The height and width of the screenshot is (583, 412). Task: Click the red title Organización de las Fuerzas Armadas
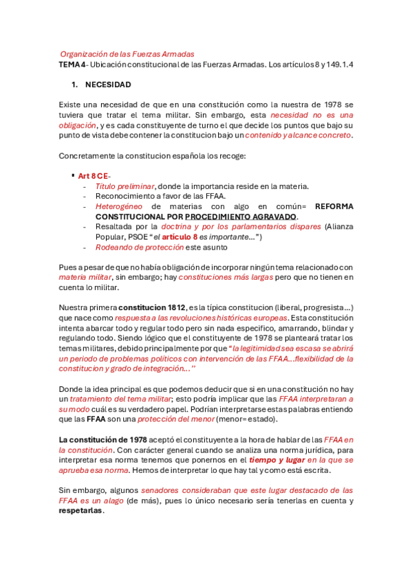127,54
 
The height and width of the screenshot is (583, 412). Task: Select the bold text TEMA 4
73,65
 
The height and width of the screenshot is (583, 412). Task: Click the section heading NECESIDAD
108,85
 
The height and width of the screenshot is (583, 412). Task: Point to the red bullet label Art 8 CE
94,176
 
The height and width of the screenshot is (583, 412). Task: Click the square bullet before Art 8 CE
73,175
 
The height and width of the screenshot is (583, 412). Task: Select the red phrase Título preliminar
125,186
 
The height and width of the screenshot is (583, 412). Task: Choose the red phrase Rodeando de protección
140,247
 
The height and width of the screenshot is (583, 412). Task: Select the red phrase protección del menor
175,419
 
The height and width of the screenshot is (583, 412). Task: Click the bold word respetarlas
82,511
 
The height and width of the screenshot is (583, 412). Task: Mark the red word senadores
161,491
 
